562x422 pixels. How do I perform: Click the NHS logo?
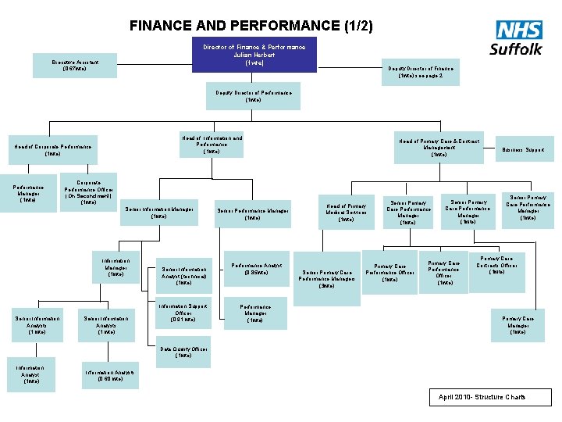pyautogui.click(x=519, y=30)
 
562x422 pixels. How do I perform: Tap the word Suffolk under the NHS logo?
pyautogui.click(x=516, y=49)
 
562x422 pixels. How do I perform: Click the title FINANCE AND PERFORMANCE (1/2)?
pyautogui.click(x=251, y=26)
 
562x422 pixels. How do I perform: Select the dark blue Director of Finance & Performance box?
pyautogui.click(x=254, y=55)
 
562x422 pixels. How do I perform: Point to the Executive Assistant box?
pyautogui.click(x=76, y=65)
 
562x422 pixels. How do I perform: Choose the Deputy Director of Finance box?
pyautogui.click(x=421, y=72)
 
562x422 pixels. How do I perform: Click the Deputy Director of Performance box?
pyautogui.click(x=254, y=96)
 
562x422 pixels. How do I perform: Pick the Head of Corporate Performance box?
pyautogui.click(x=52, y=150)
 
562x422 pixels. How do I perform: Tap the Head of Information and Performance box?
pyautogui.click(x=212, y=145)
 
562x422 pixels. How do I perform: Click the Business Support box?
pyautogui.click(x=524, y=149)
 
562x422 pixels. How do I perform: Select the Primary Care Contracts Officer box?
pyautogui.click(x=496, y=266)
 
